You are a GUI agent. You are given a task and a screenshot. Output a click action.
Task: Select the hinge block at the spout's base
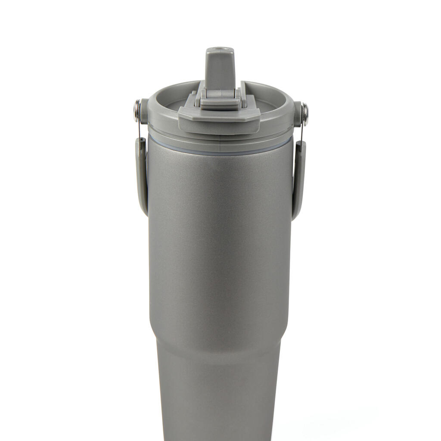coord(220,99)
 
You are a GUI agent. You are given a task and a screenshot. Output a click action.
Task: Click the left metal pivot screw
coord(137,105)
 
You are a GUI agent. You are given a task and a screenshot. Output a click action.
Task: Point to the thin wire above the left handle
coord(139,127)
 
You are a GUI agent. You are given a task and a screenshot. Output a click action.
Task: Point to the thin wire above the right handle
coord(303,131)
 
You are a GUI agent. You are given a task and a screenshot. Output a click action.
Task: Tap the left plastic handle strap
coord(141,172)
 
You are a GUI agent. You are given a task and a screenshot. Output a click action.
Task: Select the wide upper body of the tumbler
coord(220,237)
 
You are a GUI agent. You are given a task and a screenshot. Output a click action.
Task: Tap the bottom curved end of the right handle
coord(296,215)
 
